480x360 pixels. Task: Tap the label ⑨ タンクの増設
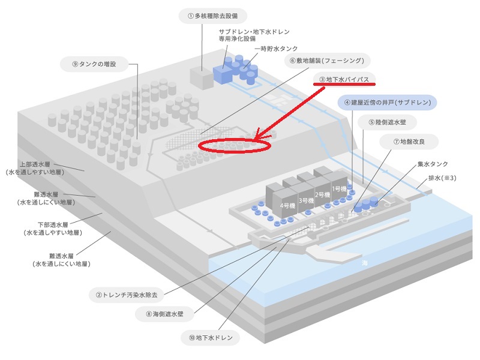(x=96, y=64)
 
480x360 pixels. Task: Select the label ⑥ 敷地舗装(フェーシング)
(x=326, y=61)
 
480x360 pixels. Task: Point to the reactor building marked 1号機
(x=340, y=187)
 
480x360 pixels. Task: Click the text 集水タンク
(x=433, y=163)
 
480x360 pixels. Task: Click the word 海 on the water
(x=365, y=263)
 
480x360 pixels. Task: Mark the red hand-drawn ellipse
(x=235, y=145)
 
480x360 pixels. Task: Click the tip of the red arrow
(x=254, y=137)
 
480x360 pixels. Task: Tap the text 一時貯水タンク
(x=275, y=48)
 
